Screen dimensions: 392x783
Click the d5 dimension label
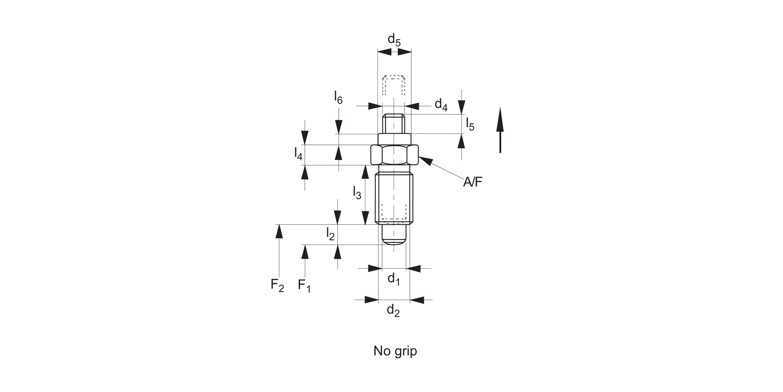click(394, 40)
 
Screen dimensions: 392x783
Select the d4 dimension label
click(441, 105)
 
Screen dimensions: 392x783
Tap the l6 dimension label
click(338, 98)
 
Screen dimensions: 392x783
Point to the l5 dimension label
click(470, 124)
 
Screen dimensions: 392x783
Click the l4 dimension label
click(298, 154)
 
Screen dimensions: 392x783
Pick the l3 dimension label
click(357, 193)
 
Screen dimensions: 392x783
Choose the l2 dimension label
click(330, 234)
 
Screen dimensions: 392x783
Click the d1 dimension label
click(394, 280)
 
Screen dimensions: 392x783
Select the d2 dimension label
click(393, 311)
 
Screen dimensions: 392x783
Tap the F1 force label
click(304, 285)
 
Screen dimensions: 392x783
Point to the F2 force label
click(277, 285)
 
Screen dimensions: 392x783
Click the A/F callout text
click(473, 182)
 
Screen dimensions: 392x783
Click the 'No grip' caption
click(395, 351)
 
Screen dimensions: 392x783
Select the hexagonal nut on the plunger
click(394, 154)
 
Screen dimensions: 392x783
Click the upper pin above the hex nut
click(394, 124)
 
